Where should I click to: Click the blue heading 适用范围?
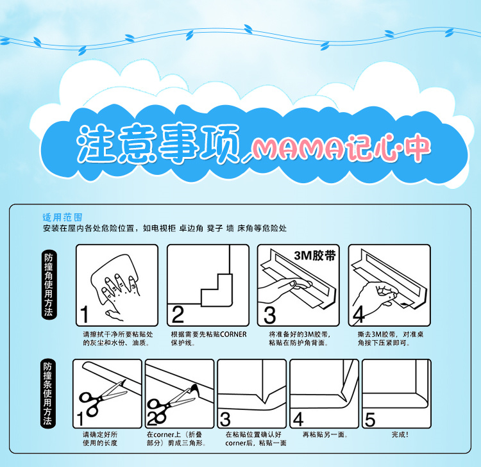(x=62, y=218)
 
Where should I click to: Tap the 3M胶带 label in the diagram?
(x=315, y=256)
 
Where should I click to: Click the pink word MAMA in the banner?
(x=301, y=149)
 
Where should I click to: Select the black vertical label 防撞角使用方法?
(x=49, y=284)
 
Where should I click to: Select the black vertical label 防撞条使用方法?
(x=47, y=393)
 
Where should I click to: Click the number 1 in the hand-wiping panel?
(x=85, y=315)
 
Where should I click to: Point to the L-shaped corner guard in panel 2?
(x=217, y=290)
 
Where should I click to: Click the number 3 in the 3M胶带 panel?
(x=269, y=315)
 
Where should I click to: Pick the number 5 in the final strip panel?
(x=370, y=419)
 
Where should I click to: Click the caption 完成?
(x=400, y=434)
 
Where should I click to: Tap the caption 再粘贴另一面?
(x=325, y=434)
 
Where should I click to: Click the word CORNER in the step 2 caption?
(x=233, y=334)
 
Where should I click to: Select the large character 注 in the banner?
(x=96, y=143)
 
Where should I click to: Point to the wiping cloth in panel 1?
(x=114, y=273)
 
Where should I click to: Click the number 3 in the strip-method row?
(x=226, y=419)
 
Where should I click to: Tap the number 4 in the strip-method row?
(x=298, y=419)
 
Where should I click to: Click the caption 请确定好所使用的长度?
(x=100, y=439)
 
